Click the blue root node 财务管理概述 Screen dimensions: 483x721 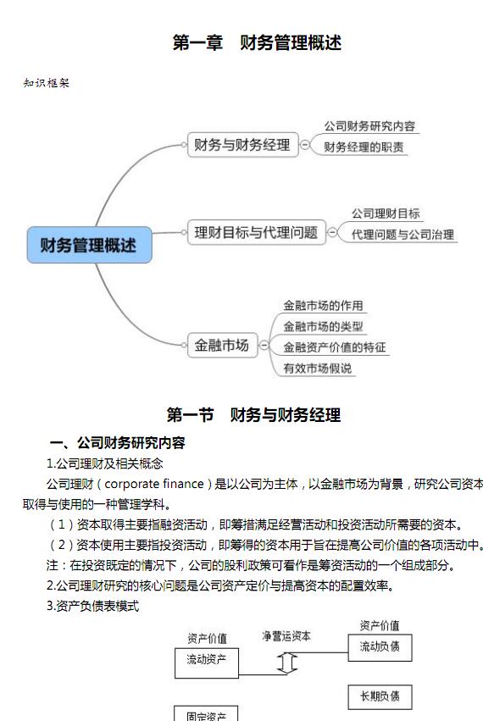pyautogui.click(x=89, y=245)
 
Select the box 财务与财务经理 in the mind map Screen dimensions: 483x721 pyautogui.click(x=243, y=145)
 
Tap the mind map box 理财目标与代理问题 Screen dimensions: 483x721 pyautogui.click(x=256, y=232)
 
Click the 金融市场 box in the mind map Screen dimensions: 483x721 pyautogui.click(x=222, y=345)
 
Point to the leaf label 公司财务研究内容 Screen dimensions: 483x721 pyautogui.click(x=369, y=126)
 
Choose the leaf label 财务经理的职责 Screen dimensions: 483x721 pyautogui.click(x=364, y=147)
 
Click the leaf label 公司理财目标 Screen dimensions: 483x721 pyautogui.click(x=386, y=214)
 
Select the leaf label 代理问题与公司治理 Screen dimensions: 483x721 pyautogui.click(x=402, y=235)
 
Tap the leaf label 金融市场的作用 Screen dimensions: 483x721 pyautogui.click(x=323, y=305)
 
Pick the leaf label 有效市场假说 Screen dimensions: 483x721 pyautogui.click(x=318, y=369)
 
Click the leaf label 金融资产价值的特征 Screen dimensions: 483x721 pyautogui.click(x=335, y=347)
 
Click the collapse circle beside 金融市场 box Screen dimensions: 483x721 pyautogui.click(x=264, y=345)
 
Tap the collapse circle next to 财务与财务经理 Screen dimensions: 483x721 pyautogui.click(x=305, y=145)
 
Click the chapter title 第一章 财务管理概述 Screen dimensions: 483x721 pyautogui.click(x=257, y=42)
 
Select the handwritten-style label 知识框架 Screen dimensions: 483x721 pyautogui.click(x=46, y=83)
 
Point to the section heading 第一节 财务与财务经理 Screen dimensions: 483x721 pyautogui.click(x=253, y=415)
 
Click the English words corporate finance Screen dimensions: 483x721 pyautogui.click(x=154, y=484)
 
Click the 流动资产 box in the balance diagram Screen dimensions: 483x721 pyautogui.click(x=207, y=663)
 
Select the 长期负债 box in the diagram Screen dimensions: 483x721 pyautogui.click(x=380, y=697)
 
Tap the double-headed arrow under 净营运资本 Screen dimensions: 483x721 pyautogui.click(x=287, y=663)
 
